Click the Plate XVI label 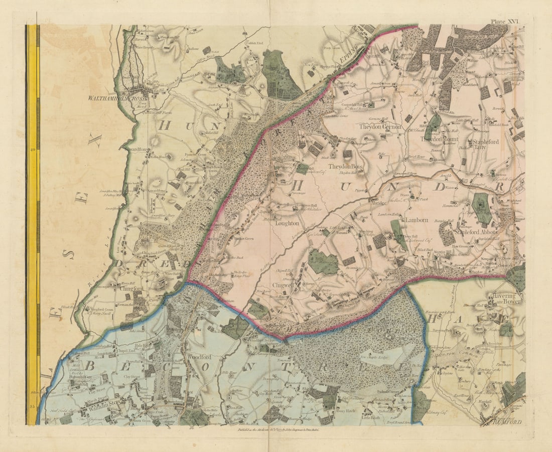coord(505,22)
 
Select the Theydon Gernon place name coord(380,127)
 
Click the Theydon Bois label coord(345,166)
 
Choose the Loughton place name coord(287,223)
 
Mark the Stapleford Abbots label coord(475,232)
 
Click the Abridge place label coord(378,204)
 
